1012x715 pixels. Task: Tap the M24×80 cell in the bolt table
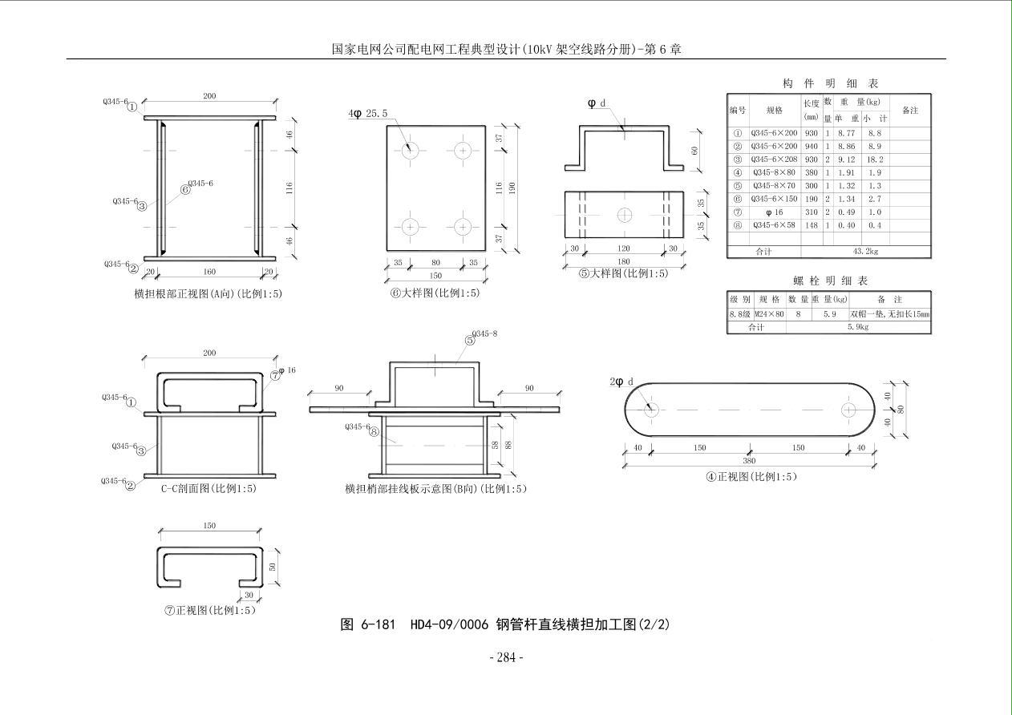click(768, 314)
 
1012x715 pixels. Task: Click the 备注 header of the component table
click(909, 111)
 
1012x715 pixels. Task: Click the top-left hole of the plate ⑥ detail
click(411, 150)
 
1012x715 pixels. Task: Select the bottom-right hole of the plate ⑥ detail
click(463, 227)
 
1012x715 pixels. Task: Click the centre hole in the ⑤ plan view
click(625, 215)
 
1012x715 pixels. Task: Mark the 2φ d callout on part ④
click(621, 382)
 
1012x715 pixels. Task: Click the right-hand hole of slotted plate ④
click(848, 410)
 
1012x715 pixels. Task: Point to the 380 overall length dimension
click(749, 461)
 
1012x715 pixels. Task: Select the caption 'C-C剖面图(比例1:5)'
click(208, 488)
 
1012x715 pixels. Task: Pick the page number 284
click(506, 657)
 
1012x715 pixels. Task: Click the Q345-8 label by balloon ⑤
click(484, 333)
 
